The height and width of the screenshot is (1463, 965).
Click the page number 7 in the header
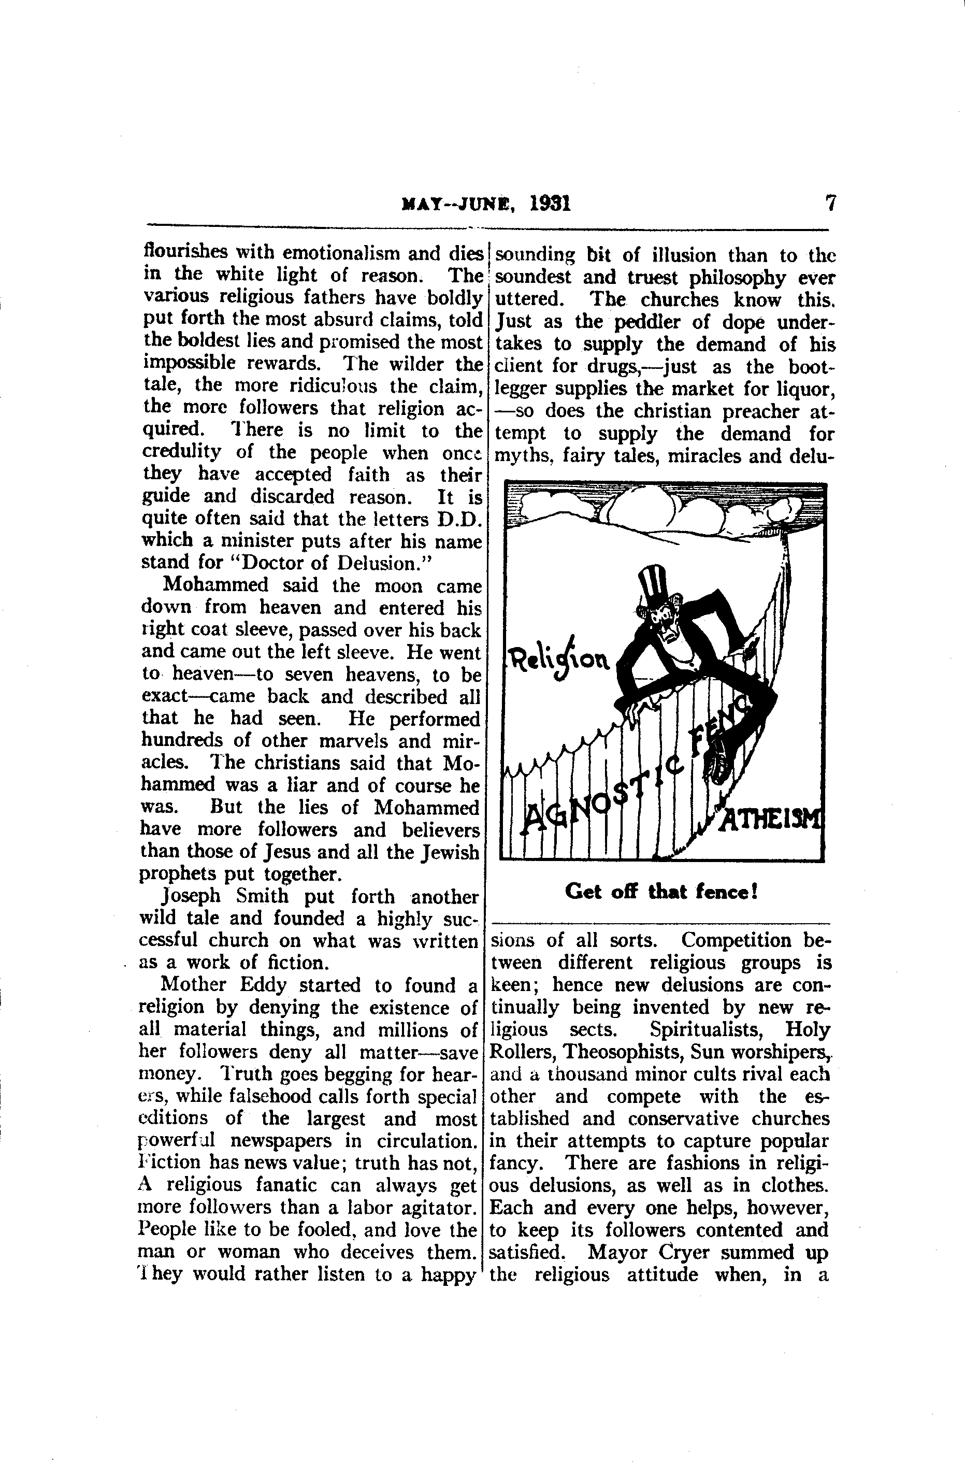click(x=830, y=203)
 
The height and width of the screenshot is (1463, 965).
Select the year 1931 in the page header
click(x=550, y=203)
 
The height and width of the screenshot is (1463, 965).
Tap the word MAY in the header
click(x=418, y=204)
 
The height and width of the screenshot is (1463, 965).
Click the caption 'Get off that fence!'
click(x=661, y=892)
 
